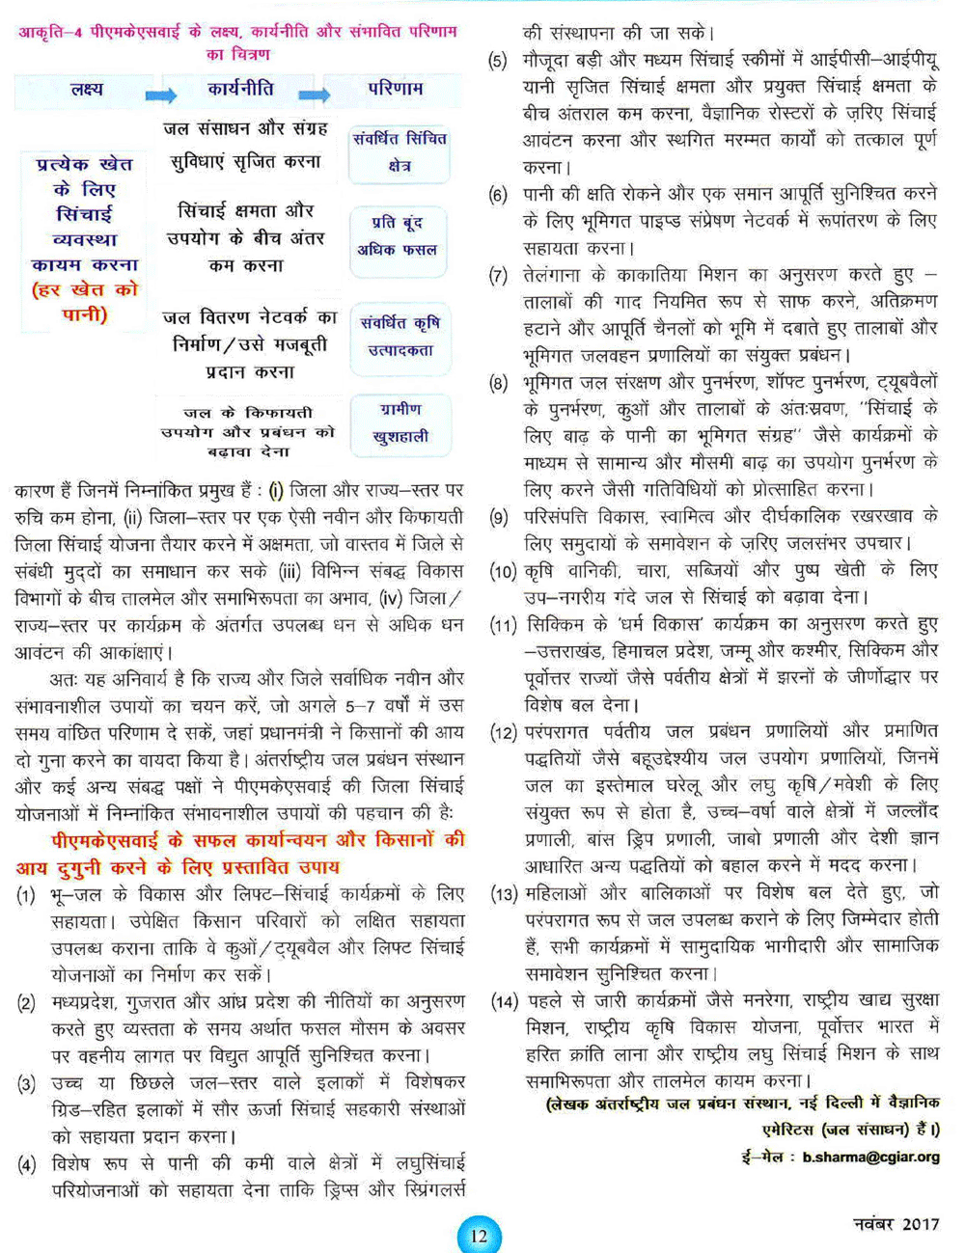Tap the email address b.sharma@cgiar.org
870,1157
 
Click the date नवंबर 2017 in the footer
896,1224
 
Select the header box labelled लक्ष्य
87,90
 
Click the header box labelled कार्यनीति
239,90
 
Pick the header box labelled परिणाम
395,90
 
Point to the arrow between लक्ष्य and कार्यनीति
161,95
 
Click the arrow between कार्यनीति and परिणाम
315,95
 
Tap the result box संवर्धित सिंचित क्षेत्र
400,152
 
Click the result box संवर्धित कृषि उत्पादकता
400,337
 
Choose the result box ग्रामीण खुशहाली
400,423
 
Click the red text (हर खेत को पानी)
85,302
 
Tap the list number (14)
505,1001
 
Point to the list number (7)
498,276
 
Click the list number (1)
26,896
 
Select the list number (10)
505,571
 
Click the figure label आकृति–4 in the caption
52,32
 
